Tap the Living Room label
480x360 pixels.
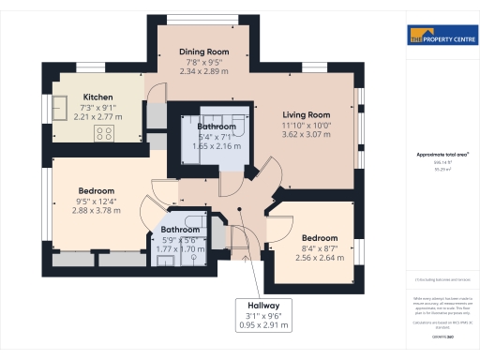[307, 114]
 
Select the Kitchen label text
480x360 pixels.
[98, 97]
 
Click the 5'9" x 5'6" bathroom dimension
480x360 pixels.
[180, 240]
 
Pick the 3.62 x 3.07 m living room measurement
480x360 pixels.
[307, 135]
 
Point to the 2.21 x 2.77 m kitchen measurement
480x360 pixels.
[98, 117]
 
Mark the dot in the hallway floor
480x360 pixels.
[240, 209]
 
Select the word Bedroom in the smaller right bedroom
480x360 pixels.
[321, 238]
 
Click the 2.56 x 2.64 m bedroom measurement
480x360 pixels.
[321, 259]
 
